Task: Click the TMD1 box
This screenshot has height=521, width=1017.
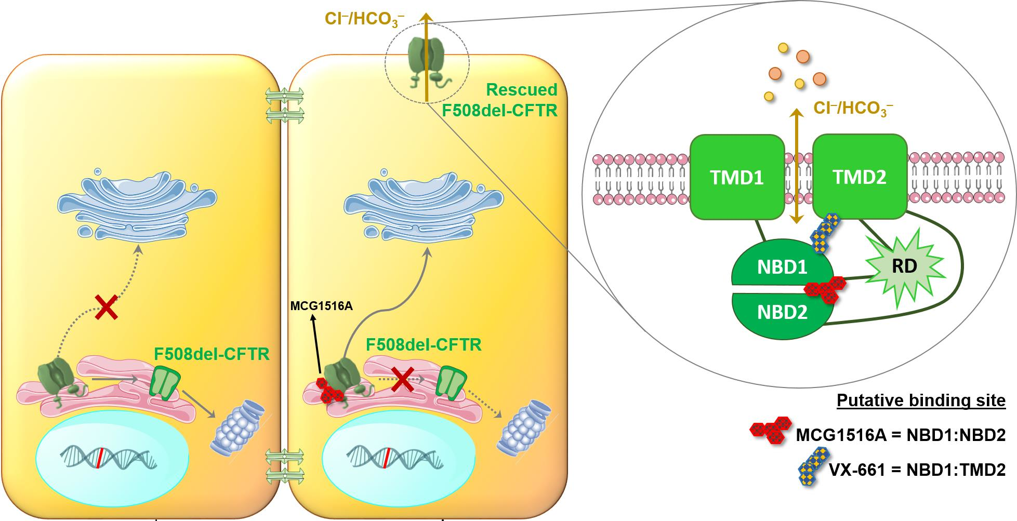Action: (736, 177)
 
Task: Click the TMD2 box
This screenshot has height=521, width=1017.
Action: (859, 177)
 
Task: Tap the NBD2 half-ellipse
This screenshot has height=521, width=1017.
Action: (782, 313)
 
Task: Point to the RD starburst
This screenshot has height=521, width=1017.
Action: (904, 266)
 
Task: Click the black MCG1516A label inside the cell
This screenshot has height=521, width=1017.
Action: (321, 306)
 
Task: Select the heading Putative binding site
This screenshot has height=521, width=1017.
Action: (921, 400)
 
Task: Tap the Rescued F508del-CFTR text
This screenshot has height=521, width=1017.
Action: (499, 100)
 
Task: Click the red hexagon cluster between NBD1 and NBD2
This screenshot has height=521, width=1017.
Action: (825, 289)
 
